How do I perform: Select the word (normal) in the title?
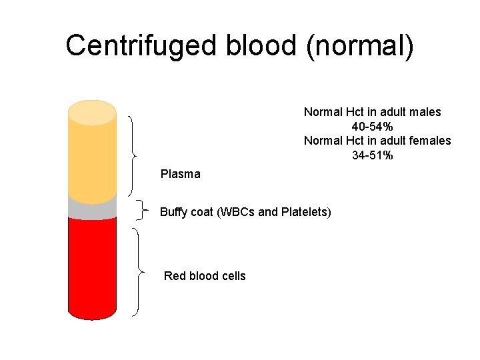coord(361,46)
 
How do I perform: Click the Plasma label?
coord(180,174)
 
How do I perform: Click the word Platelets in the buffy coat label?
coord(304,213)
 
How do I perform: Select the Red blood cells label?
coord(205,276)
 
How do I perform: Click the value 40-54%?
coord(372,127)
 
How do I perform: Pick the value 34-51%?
coord(372,155)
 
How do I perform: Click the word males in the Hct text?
coord(425,112)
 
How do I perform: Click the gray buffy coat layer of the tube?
coord(92,210)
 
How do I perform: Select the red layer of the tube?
coord(92,267)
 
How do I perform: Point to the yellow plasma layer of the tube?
coord(92,160)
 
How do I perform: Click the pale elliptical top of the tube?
coord(92,111)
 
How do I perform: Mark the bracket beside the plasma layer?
coord(134,154)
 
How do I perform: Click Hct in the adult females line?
coord(355,141)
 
